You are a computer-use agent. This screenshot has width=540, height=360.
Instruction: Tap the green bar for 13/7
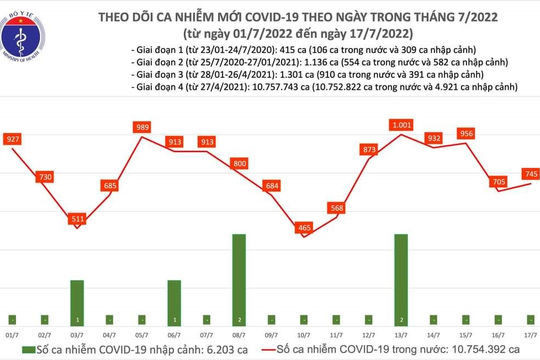pyautogui.click(x=401, y=277)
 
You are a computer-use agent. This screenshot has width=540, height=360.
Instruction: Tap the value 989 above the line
pyautogui.click(x=142, y=127)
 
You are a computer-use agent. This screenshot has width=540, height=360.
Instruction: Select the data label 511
pyautogui.click(x=77, y=219)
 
